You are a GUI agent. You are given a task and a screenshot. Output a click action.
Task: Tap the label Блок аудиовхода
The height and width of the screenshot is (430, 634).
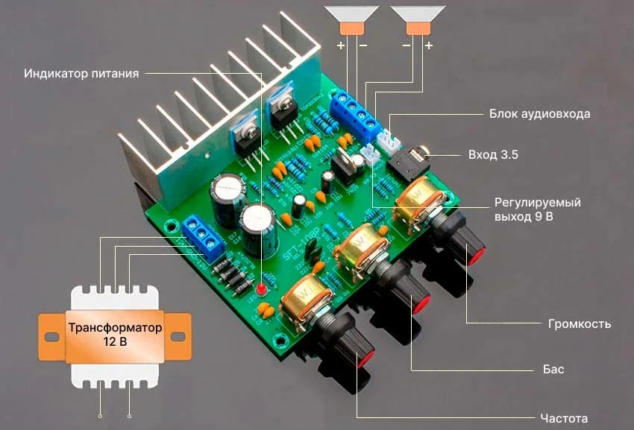540,115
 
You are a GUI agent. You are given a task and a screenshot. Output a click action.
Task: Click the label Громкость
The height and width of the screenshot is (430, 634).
580,324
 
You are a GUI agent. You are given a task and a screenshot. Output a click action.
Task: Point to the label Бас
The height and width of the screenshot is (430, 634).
553,370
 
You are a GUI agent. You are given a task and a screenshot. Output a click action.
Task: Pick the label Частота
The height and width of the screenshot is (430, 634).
563,417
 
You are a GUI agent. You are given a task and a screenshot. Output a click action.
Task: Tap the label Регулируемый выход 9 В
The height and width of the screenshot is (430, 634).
538,209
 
